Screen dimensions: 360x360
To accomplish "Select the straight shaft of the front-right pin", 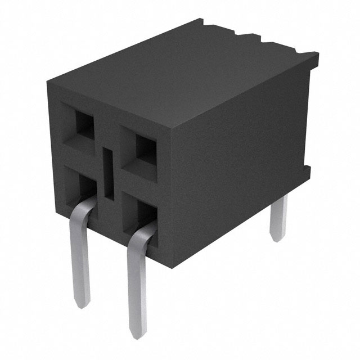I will coord(137,287).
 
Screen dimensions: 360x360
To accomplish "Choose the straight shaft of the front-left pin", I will coord(82,264).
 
